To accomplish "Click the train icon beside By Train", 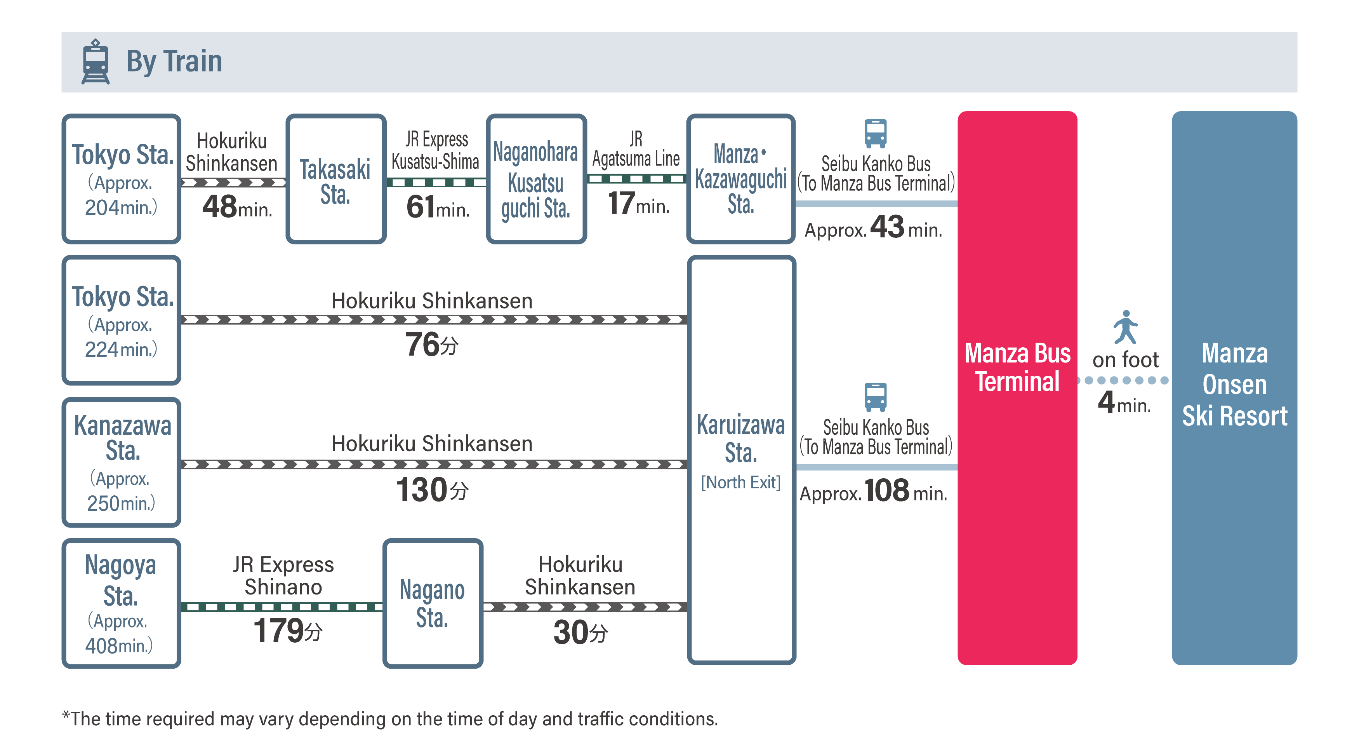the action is click(x=96, y=61).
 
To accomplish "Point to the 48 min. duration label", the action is click(x=237, y=206).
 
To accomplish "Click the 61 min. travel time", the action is click(x=438, y=206).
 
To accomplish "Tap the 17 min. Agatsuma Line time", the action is click(x=638, y=203).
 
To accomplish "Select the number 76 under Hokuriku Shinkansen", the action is click(x=422, y=344).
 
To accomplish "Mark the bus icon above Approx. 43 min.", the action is click(x=876, y=133).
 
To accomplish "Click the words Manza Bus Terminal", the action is click(x=1017, y=367).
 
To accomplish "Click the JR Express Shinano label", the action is click(x=283, y=576).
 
